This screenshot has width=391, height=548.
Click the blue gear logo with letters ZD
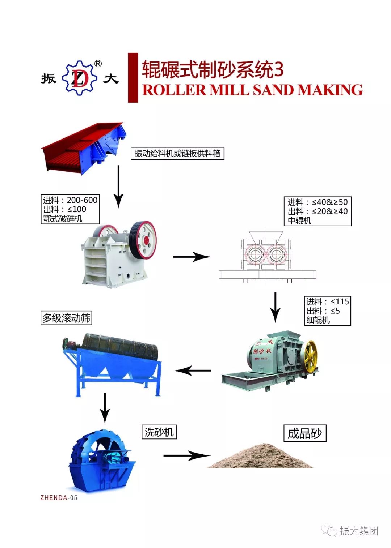click(x=79, y=78)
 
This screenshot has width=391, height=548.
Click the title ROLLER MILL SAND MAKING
click(x=252, y=90)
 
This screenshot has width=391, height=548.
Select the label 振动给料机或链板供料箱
click(x=177, y=154)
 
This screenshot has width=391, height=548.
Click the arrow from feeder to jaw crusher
click(x=118, y=186)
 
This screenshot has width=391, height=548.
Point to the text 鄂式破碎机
click(x=63, y=219)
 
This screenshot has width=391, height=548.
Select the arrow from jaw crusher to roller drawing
click(x=192, y=257)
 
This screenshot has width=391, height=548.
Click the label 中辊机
click(x=300, y=221)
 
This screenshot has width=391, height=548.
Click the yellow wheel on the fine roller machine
click(x=310, y=356)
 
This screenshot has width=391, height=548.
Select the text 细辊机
click(x=318, y=320)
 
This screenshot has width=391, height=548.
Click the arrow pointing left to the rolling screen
click(x=193, y=371)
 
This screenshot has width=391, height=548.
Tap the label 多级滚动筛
click(x=66, y=318)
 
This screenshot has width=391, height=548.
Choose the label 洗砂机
click(x=159, y=432)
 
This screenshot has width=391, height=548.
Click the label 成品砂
click(x=304, y=433)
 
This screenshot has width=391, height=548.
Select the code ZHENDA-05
click(x=59, y=498)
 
